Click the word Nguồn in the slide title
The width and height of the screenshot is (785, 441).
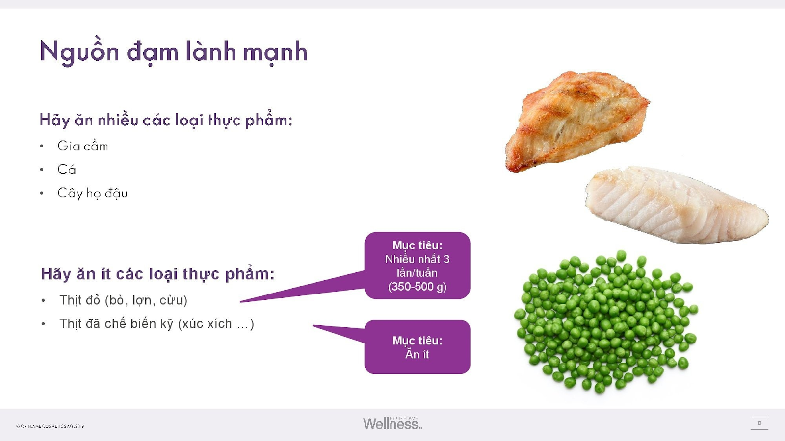click(79, 52)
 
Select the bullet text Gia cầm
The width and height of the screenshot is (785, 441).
click(83, 146)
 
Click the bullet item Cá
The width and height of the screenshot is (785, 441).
click(67, 170)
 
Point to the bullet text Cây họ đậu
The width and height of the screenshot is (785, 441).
click(92, 193)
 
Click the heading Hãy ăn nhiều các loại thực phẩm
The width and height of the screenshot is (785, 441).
click(166, 120)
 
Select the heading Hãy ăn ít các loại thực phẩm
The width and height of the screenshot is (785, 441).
click(157, 274)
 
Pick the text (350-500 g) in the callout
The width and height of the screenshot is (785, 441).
click(417, 287)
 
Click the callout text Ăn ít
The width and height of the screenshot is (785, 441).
click(417, 354)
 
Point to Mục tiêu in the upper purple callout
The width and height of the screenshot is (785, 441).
click(418, 245)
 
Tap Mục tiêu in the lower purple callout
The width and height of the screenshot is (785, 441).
click(418, 341)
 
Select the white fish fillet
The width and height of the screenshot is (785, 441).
click(677, 205)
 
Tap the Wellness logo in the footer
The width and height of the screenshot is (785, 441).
click(392, 423)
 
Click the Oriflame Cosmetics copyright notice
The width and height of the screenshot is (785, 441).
click(50, 426)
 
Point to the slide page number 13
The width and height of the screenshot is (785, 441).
click(759, 423)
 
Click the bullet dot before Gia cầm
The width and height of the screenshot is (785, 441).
click(42, 147)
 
